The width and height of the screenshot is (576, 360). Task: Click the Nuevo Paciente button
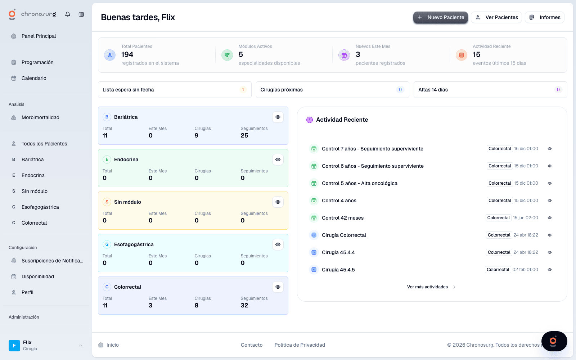[441, 17]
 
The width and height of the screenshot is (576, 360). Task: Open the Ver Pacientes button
[496, 17]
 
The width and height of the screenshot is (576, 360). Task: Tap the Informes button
[545, 17]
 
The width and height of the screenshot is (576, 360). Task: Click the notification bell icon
[68, 14]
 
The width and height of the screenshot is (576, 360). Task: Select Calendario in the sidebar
[34, 78]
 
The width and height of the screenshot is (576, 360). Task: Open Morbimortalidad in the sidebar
[40, 117]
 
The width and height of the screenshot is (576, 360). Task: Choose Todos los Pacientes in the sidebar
[44, 144]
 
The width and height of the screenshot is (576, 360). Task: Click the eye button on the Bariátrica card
[278, 117]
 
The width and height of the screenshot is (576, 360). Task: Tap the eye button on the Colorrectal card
[278, 287]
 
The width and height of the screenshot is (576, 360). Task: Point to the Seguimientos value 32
[244, 305]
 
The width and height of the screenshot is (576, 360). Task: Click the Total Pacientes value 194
[127, 54]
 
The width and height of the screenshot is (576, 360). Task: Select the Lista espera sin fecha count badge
[243, 90]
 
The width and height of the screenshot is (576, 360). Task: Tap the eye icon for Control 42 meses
[550, 218]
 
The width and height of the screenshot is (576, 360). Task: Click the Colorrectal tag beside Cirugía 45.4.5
[498, 270]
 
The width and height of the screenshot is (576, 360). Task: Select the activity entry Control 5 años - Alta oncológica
[360, 183]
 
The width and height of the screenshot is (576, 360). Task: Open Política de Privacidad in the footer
[300, 345]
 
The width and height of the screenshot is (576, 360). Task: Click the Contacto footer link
[252, 345]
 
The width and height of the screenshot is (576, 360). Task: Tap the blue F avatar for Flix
[14, 345]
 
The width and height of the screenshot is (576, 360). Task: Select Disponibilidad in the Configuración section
[38, 276]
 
